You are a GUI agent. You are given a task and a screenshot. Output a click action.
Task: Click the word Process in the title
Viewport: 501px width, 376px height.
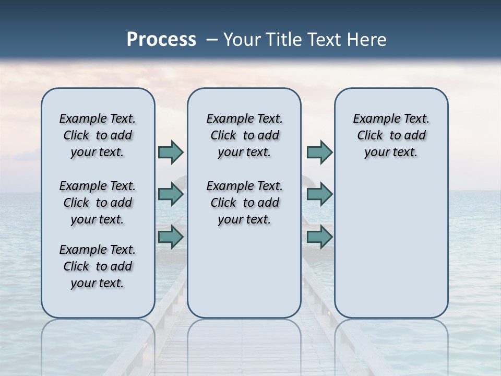[x=161, y=40]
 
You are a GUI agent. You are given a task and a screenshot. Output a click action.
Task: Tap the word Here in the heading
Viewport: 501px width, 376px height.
[x=367, y=40]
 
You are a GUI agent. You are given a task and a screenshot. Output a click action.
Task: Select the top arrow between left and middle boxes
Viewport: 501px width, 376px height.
[x=171, y=152]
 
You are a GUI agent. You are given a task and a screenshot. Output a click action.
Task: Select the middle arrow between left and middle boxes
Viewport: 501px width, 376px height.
[x=171, y=194]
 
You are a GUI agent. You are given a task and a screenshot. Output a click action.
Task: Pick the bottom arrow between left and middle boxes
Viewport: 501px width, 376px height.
[x=171, y=237]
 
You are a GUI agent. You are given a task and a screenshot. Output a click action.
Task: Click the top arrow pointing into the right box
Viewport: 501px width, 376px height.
[x=319, y=152]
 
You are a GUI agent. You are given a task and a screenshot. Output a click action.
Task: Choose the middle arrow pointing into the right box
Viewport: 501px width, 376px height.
[x=319, y=194]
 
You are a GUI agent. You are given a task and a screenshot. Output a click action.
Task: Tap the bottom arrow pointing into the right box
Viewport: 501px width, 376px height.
[x=319, y=237]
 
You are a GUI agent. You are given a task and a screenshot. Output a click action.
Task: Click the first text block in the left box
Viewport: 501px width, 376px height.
[x=98, y=135]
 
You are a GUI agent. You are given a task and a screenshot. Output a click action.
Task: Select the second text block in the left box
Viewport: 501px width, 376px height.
[x=98, y=203]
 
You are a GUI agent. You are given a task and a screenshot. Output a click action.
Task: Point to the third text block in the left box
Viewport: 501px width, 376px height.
[x=98, y=266]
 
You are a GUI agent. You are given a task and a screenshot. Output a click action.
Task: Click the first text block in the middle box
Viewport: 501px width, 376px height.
[x=244, y=135]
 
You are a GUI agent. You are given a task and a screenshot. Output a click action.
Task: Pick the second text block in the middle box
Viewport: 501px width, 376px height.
[x=244, y=203]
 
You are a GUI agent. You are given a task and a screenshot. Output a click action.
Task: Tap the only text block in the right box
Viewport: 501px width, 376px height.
[x=391, y=135]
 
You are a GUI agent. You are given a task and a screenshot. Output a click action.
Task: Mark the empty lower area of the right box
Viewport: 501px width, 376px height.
[x=391, y=245]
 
